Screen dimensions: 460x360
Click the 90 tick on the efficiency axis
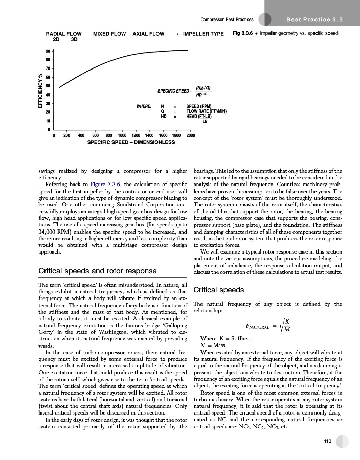(x=48, y=52)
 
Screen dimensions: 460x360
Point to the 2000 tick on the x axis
(x=191, y=135)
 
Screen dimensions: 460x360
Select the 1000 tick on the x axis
(x=122, y=135)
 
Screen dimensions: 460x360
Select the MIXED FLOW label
(x=109, y=34)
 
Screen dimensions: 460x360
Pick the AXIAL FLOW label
(x=148, y=34)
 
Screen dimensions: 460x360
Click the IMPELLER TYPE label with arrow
(x=200, y=34)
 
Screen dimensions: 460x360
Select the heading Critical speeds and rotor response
(x=98, y=270)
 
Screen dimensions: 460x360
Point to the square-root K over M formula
(x=265, y=325)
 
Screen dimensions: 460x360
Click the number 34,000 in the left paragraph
(x=50, y=233)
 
